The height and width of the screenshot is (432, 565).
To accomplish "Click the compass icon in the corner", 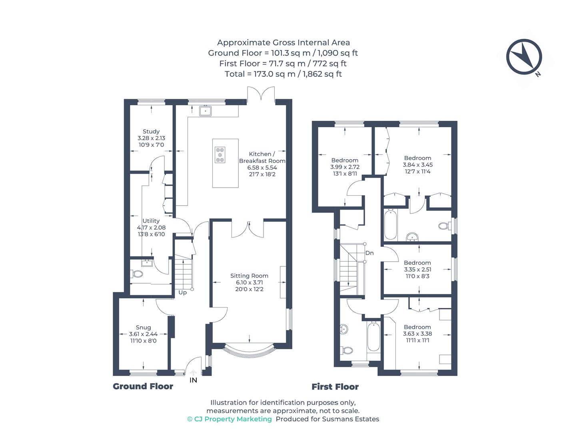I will (524, 57).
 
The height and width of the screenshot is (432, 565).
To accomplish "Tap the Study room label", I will (151, 131).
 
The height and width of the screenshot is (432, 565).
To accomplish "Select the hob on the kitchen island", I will (220, 155).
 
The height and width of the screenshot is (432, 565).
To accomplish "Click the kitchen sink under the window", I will (205, 110).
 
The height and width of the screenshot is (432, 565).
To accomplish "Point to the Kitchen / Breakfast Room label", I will (262, 157).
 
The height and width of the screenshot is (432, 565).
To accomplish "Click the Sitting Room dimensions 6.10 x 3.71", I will (249, 282).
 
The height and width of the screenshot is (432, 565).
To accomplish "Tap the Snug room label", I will (143, 327).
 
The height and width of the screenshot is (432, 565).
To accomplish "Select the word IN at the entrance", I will (193, 380).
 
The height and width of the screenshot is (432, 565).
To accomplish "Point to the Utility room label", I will (151, 221).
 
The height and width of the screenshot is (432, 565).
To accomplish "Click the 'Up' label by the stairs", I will (182, 292).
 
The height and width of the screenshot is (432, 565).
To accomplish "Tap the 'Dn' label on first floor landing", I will (369, 253).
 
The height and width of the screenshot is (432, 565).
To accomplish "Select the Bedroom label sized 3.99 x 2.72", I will (345, 160).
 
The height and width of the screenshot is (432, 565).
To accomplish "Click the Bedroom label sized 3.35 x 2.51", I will (417, 263).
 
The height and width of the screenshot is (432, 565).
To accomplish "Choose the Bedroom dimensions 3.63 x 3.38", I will (417, 334).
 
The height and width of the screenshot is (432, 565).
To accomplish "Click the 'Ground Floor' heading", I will (143, 386).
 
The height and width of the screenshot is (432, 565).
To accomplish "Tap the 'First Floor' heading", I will (335, 387).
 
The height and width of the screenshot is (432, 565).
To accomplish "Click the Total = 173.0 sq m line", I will (283, 74).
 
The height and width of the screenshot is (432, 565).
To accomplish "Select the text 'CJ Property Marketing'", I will (233, 419).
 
